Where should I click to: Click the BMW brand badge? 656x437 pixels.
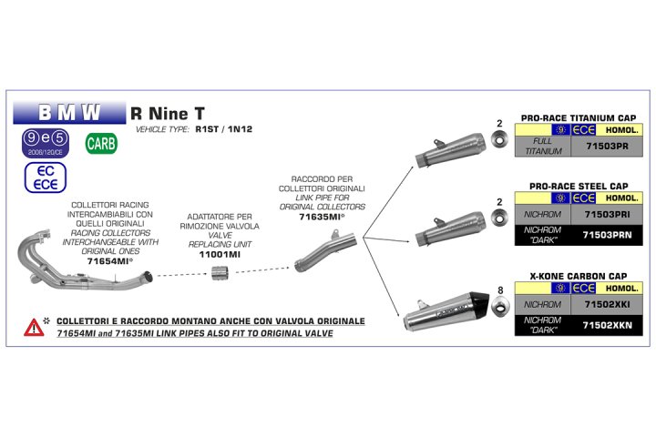pos(69,113)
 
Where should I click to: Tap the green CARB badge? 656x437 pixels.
pos(100,143)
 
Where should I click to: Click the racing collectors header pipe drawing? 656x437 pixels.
pos(73,259)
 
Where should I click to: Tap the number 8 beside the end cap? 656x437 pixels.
pos(499,291)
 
